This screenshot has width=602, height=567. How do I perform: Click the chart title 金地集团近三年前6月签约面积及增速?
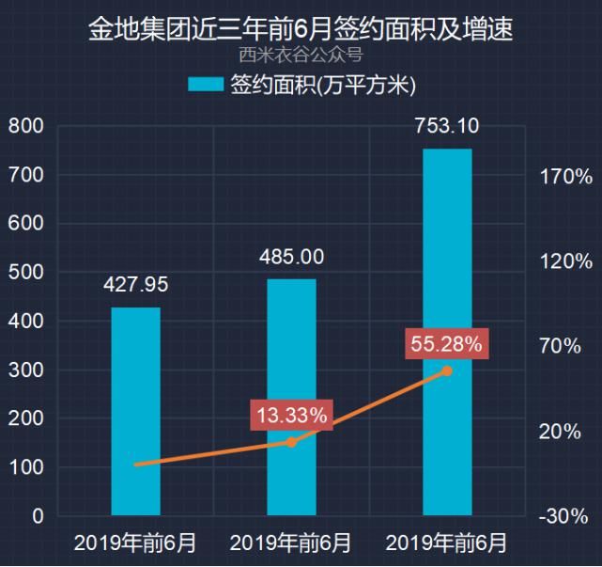[x=301, y=29]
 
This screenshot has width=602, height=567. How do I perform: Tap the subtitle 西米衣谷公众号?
[x=301, y=55]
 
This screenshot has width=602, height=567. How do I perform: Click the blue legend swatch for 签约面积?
[x=206, y=85]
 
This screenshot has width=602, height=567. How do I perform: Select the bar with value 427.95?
[x=136, y=411]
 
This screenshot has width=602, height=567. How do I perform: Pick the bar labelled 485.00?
[x=291, y=397]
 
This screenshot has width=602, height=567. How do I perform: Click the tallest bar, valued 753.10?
[x=447, y=332]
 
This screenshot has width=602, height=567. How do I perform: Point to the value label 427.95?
[x=136, y=285]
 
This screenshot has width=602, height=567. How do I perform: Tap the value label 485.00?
[x=291, y=257]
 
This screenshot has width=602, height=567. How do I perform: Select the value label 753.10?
[x=447, y=126]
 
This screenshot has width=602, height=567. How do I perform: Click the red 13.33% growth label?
[x=292, y=415]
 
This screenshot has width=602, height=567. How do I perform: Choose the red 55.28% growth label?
[x=446, y=344]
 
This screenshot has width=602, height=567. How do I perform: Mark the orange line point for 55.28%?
[x=447, y=370]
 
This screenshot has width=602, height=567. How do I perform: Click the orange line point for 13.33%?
[x=291, y=442]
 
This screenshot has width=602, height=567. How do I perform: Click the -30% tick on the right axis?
[x=563, y=516]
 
